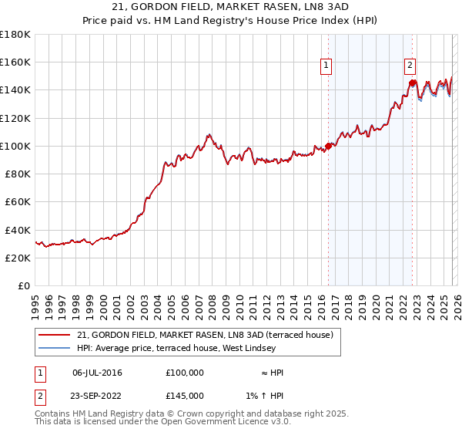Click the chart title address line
(x=231, y=7)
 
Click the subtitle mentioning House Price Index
(x=231, y=21)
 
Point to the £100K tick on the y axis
(x=15, y=146)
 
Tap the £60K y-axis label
(x=18, y=202)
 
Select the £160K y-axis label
(x=15, y=62)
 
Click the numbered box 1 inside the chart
(x=327, y=66)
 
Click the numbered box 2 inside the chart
(x=410, y=66)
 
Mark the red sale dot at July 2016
(x=328, y=146)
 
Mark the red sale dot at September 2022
(x=413, y=83)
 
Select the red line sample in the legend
(x=55, y=336)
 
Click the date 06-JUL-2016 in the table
(x=97, y=373)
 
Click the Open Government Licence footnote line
(x=163, y=422)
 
